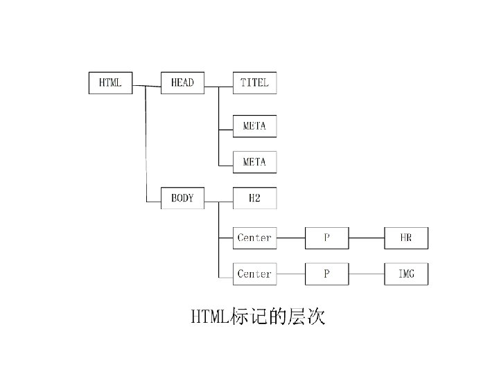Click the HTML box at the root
coord(110,83)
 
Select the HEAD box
coord(182,83)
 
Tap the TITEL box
coord(254,83)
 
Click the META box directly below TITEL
coord(254,126)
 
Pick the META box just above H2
coord(254,162)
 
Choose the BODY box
coord(182,198)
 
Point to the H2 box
coord(254,198)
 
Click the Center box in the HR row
coord(254,238)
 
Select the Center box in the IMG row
coord(254,274)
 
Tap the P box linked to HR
coord(327,238)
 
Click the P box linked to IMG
coord(327,274)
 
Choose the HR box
coord(406,238)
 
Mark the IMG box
coord(406,274)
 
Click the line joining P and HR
coord(367,238)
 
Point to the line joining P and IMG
coord(367,274)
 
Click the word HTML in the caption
coord(209,318)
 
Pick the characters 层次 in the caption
coord(309,318)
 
